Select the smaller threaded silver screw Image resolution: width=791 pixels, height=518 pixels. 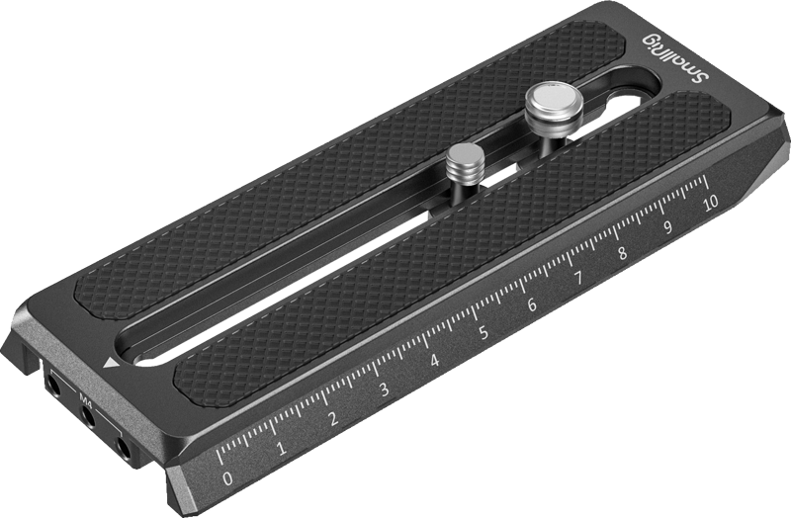[x=462, y=160]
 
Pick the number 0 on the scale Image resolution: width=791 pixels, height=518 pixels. [x=229, y=478]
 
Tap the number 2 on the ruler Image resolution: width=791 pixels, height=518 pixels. [x=333, y=419]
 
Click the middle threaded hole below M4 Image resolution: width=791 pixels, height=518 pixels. [x=89, y=419]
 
